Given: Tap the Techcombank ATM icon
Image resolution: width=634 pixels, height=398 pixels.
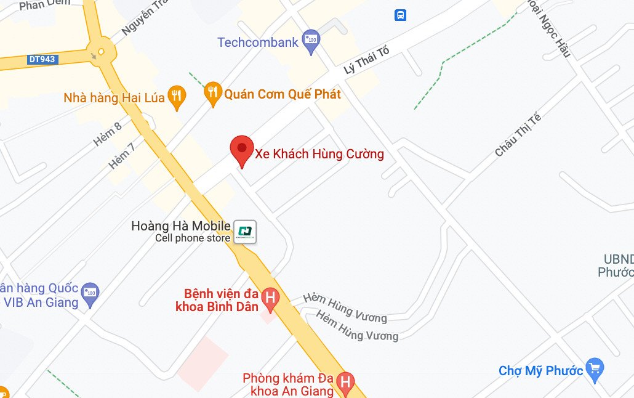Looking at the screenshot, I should [x=311, y=41].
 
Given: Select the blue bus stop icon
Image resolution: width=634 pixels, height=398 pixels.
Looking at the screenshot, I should [x=401, y=15].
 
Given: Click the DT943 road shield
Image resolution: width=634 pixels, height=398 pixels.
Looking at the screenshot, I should [x=42, y=60].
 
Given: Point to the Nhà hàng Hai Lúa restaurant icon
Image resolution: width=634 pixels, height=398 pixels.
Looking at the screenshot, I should [x=177, y=97].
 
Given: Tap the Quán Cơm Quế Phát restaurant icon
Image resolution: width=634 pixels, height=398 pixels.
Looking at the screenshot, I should [x=213, y=93].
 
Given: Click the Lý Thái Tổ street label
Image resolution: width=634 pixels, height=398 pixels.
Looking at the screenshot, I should [x=367, y=60].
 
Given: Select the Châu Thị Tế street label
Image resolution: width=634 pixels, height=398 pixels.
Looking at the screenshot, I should [x=517, y=135].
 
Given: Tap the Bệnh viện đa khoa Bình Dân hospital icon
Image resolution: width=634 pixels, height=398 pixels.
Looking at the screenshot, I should [x=270, y=299].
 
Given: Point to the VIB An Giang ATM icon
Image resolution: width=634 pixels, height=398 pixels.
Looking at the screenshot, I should [x=90, y=291].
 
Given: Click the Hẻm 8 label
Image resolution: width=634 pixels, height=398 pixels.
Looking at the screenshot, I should [x=108, y=134].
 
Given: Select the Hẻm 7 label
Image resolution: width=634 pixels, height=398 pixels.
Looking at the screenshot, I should [x=121, y=156].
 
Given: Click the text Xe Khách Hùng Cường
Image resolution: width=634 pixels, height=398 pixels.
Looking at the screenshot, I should [x=319, y=154].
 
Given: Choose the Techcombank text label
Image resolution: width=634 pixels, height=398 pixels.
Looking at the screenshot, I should [x=258, y=43].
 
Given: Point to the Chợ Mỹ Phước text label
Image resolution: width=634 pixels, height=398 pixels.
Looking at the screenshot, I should [x=540, y=371].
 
